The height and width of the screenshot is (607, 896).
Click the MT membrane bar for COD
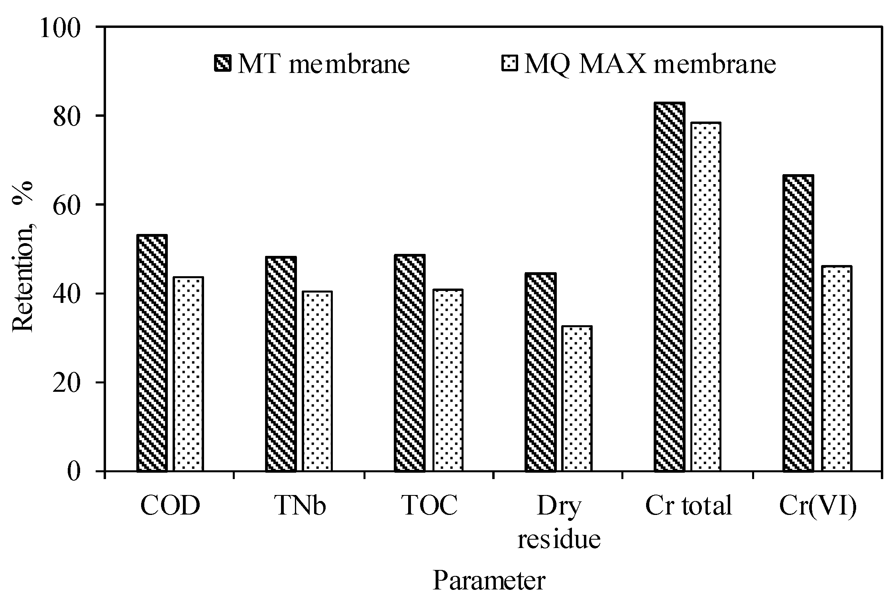coord(152,353)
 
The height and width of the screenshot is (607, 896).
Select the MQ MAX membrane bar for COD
coord(189,374)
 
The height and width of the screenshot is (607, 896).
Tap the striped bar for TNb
coord(281,364)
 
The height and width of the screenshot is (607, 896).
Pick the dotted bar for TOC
coord(448,380)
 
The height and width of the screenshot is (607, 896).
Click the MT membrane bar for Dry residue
coord(540,372)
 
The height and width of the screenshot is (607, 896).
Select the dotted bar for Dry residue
coord(577,399)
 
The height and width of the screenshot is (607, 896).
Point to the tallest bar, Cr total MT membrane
coord(669,287)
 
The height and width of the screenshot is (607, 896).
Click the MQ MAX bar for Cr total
coord(706,297)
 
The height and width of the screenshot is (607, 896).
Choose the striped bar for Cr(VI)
coord(798,323)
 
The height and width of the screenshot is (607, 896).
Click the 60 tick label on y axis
coord(66,205)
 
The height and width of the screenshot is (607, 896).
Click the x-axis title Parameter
coord(489,581)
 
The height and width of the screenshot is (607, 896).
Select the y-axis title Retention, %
coord(23,255)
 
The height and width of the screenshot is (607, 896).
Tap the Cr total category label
coord(688,505)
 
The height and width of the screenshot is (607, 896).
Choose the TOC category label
coord(430,505)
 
